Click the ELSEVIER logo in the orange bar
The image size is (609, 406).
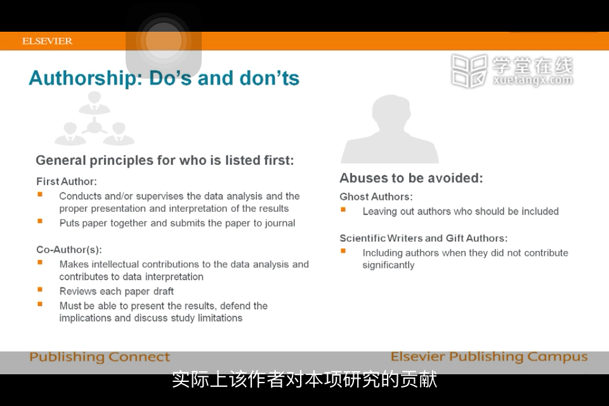pos(47,41)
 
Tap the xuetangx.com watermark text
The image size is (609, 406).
pos(532,80)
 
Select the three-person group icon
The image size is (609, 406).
pos(95,118)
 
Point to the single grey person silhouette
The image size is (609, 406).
pos(390,129)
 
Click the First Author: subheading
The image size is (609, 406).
pos(67,181)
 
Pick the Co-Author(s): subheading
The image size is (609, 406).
pos(69,249)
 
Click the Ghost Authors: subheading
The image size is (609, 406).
pos(376,197)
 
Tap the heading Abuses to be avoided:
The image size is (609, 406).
pos(411,178)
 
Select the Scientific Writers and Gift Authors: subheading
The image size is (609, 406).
pos(423,238)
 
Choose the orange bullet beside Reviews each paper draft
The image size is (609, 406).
pos(40,289)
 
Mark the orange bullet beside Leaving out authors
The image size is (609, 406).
pos(343,209)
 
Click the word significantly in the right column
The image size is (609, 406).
pos(388,265)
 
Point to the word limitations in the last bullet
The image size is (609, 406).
pos(220,318)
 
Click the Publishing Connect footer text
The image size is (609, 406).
pos(100,357)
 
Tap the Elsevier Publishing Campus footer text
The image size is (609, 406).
pos(489,357)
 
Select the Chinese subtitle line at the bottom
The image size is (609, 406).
pos(304,379)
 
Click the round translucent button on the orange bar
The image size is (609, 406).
pos(164,41)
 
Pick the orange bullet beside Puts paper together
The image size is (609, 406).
pos(40,221)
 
